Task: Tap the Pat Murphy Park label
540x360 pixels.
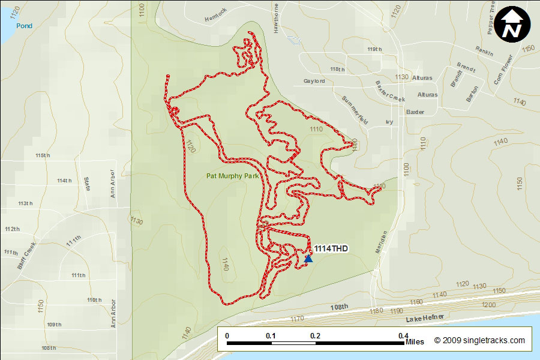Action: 232,176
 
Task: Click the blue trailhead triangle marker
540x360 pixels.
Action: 308,258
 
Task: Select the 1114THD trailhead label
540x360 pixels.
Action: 331,248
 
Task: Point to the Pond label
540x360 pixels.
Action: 25,26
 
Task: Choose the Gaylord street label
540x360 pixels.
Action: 314,81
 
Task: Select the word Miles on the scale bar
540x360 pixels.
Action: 415,342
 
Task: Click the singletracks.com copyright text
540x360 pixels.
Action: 479,340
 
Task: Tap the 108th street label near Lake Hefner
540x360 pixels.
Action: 339,307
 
